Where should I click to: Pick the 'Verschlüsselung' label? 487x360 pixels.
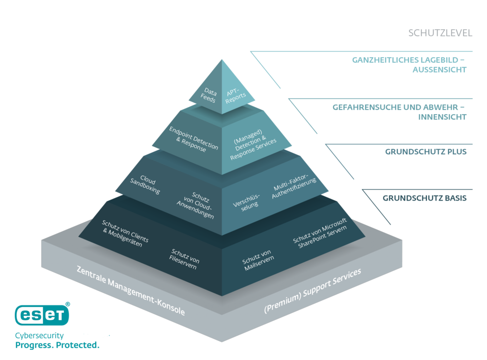click(x=246, y=199)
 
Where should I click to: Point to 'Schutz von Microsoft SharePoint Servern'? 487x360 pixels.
click(x=320, y=234)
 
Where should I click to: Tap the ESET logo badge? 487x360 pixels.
click(x=42, y=315)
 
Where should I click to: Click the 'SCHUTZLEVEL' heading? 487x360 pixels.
click(x=440, y=33)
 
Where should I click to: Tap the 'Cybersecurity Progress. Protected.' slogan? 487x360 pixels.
click(x=57, y=339)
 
